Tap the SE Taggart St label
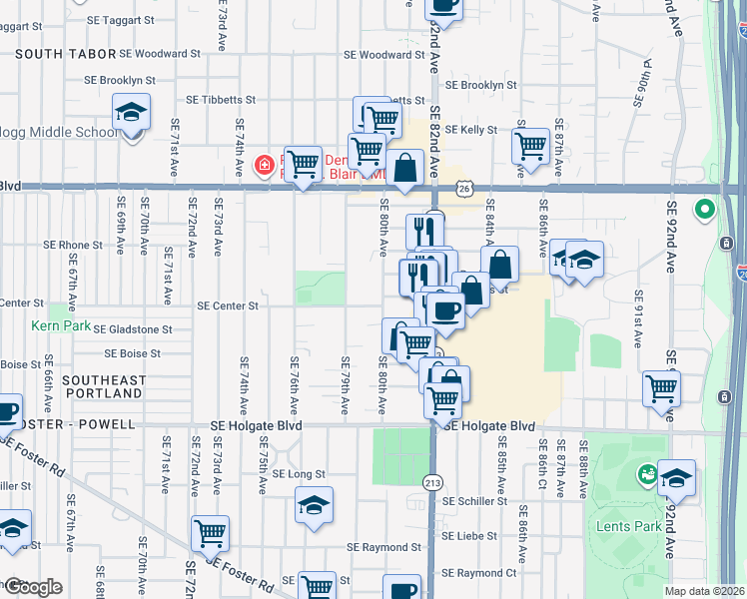tap(121, 19)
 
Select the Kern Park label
tap(60, 326)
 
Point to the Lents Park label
tap(623, 525)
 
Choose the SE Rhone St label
tap(73, 245)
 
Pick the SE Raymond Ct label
tap(479, 573)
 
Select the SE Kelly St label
tap(471, 130)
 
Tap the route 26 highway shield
tap(463, 187)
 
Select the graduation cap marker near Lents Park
tap(676, 477)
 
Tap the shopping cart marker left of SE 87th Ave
tap(530, 145)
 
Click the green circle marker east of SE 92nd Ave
tap(705, 211)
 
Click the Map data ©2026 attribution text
tap(703, 591)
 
